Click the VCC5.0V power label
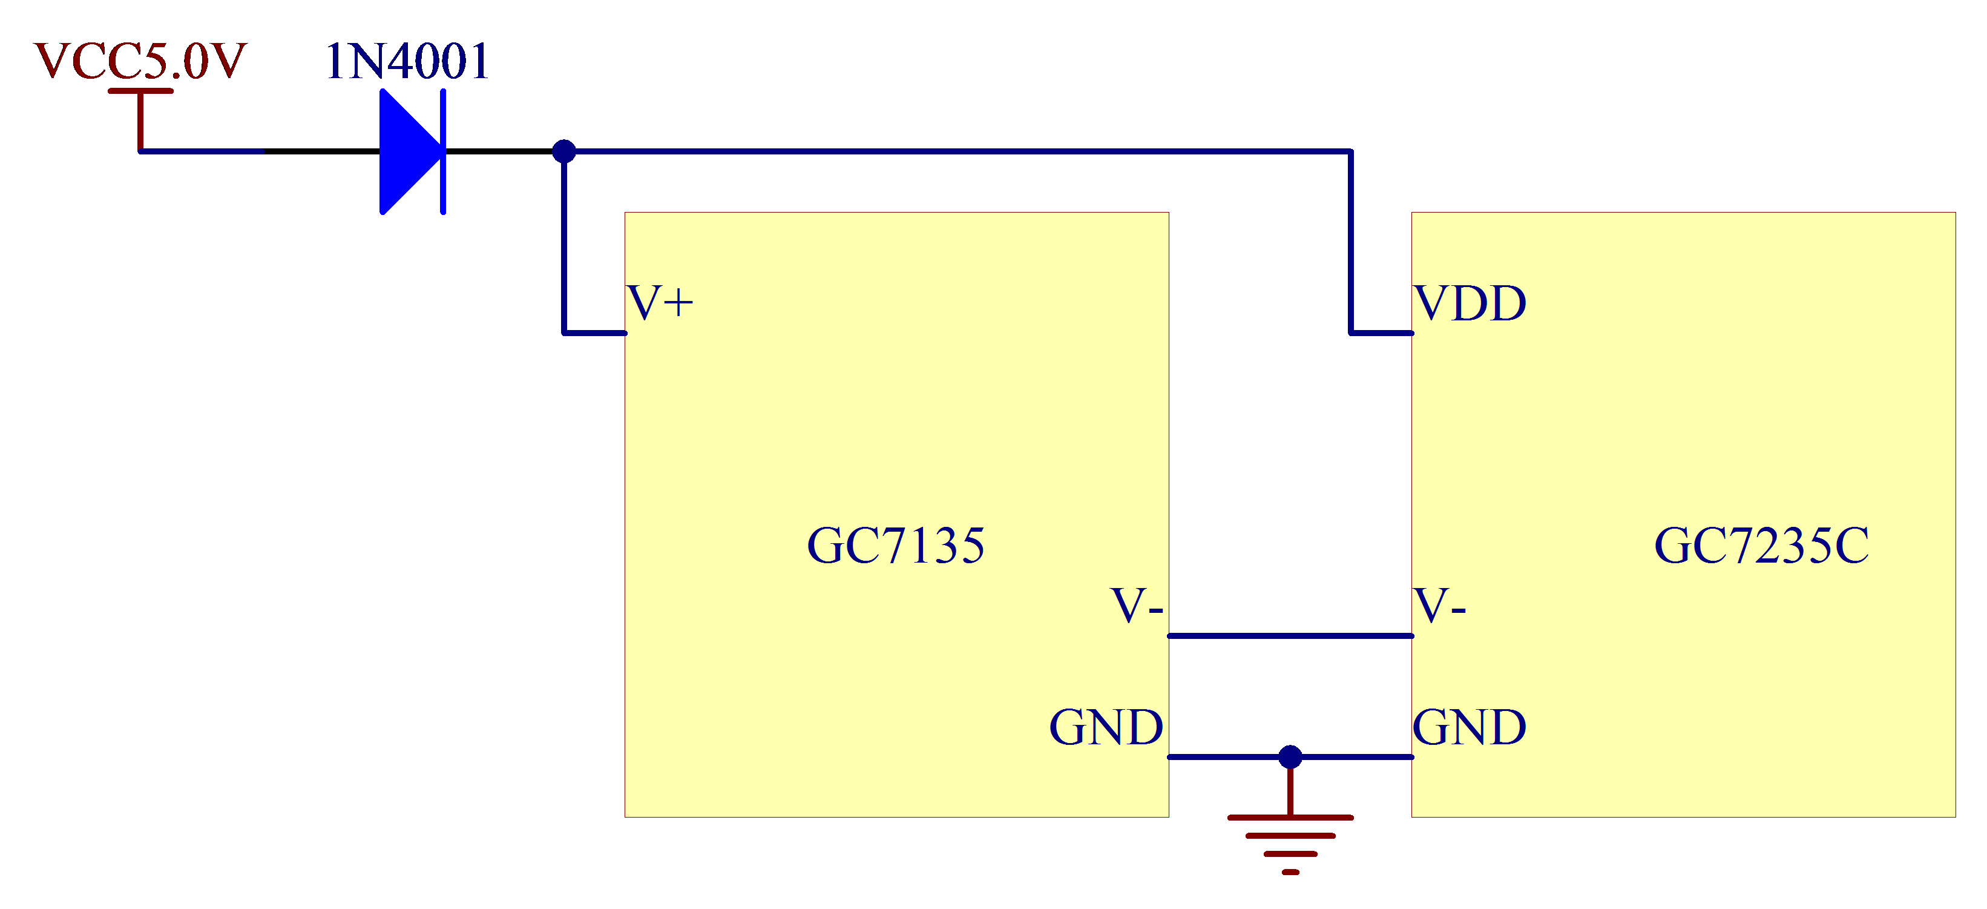(x=140, y=61)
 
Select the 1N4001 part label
(x=407, y=62)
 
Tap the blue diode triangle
(x=407, y=151)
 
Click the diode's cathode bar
(x=443, y=151)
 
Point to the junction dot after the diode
(x=564, y=151)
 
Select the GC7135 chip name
(x=896, y=546)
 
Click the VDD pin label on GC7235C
(x=1470, y=303)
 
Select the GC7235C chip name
(x=1761, y=546)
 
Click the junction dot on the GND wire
(x=1290, y=757)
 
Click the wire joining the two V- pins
(x=1290, y=636)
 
